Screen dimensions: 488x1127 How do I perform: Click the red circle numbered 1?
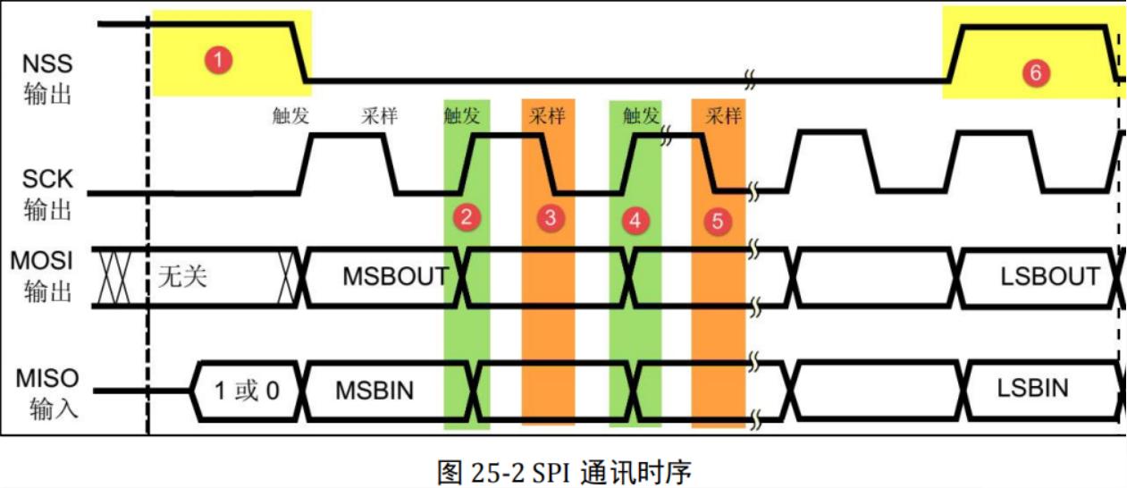coord(218,61)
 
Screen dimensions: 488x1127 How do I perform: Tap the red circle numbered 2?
coord(467,215)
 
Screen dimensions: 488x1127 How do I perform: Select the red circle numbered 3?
coord(551,217)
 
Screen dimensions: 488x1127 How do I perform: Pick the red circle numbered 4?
coord(635,220)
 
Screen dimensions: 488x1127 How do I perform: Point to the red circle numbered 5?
coord(718,221)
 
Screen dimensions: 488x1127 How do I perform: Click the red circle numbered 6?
coord(1036,72)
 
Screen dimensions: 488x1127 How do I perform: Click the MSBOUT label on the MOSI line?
coord(395,276)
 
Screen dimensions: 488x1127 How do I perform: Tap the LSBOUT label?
coord(1050,276)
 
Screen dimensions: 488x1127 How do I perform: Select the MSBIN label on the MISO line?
coord(374,390)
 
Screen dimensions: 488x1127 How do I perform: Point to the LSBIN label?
coord(1033,388)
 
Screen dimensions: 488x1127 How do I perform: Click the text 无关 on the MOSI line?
coord(182,275)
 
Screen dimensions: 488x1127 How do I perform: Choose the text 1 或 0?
coord(247,391)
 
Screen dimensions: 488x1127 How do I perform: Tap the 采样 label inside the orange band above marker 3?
coord(548,115)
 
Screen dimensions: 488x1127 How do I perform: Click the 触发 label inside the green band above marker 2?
coord(461,115)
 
